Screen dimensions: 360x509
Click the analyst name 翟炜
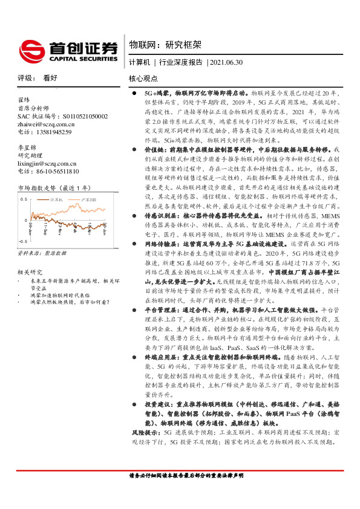pyautogui.click(x=24, y=99)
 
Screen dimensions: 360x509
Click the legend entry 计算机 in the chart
pyautogui.click(x=57, y=198)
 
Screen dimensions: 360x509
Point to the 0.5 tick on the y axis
pyautogui.click(x=24, y=198)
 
